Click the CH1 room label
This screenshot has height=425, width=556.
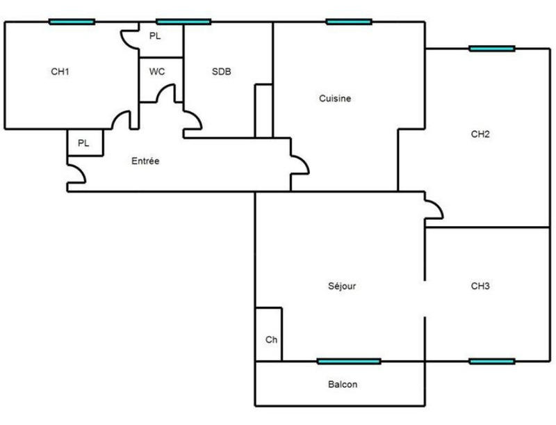tap(60, 72)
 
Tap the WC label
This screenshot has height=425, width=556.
tap(156, 72)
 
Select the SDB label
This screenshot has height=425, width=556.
tap(222, 72)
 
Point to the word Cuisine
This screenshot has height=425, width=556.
tap(335, 99)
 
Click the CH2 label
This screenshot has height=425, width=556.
tap(480, 135)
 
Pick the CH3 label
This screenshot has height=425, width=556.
tap(480, 286)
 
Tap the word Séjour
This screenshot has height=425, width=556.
tap(342, 286)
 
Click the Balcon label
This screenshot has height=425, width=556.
tap(343, 384)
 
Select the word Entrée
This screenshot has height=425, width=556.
tap(145, 161)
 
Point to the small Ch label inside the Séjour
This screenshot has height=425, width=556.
tap(271, 340)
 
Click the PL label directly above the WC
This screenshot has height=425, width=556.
tap(155, 36)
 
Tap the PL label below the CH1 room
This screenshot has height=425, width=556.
tap(83, 143)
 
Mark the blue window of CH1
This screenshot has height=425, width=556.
tap(72, 22)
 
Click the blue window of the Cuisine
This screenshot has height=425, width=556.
tap(349, 22)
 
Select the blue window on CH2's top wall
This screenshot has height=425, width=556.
tap(492, 49)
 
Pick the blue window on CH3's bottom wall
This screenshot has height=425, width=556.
tap(492, 361)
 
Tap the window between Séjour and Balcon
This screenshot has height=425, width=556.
tap(349, 361)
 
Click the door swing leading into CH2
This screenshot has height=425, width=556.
tap(434, 207)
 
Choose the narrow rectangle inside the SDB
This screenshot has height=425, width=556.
tap(263, 111)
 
